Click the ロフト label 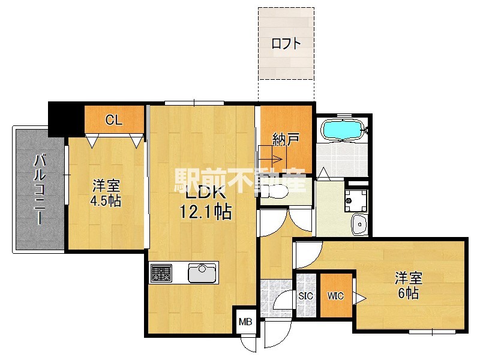point(285,43)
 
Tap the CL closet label point(114,119)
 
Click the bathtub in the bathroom point(343,130)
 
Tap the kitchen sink point(202,273)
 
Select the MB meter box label point(246,322)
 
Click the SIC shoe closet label point(306,296)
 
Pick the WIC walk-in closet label point(335,296)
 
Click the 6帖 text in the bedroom point(407,294)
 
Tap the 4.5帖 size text point(106,201)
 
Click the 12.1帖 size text point(206,211)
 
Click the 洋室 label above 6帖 point(409,278)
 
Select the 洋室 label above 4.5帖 point(106,185)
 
